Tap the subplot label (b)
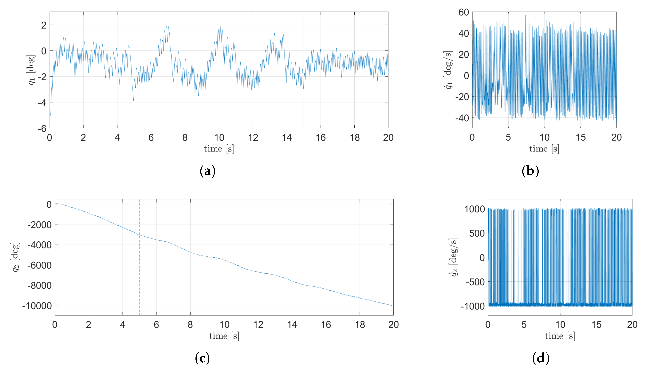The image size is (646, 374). click(x=530, y=171)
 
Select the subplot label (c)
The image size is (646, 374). click(x=202, y=358)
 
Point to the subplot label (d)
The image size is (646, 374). click(x=541, y=358)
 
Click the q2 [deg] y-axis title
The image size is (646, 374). click(x=16, y=257)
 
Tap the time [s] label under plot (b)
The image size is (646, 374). click(x=544, y=149)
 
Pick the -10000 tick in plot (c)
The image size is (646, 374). click(x=37, y=306)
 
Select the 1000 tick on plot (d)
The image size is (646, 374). click(x=475, y=209)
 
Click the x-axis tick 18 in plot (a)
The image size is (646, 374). click(x=355, y=138)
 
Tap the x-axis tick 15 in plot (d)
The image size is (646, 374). click(x=596, y=325)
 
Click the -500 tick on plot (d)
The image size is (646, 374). click(x=475, y=282)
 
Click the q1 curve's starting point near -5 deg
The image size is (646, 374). click(x=50, y=116)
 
